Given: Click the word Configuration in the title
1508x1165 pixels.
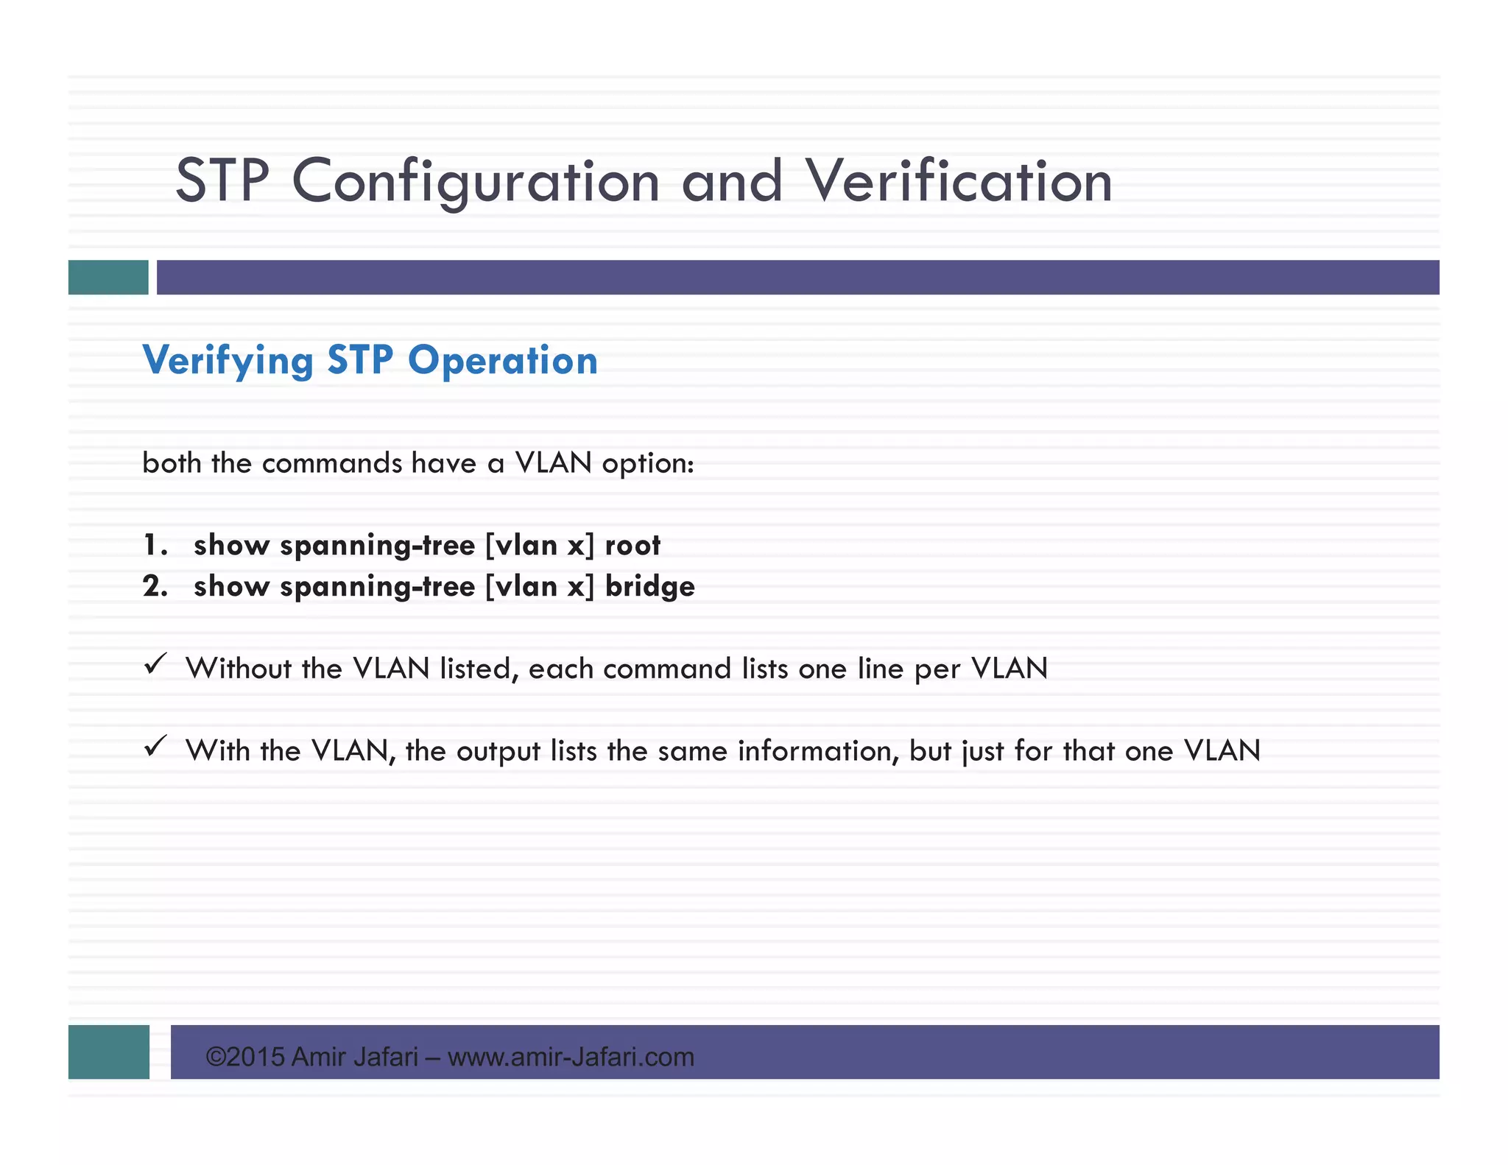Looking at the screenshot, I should click(476, 181).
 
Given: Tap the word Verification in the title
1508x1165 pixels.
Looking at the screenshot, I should click(958, 181).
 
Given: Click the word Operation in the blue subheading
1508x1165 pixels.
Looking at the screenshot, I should click(502, 360).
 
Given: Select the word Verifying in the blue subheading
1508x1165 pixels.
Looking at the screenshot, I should click(228, 362).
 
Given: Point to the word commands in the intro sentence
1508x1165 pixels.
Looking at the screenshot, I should click(332, 463).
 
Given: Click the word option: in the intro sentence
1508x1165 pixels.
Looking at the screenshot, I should click(648, 464).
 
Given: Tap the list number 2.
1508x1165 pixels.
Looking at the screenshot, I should click(155, 587).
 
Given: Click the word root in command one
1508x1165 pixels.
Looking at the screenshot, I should click(633, 546).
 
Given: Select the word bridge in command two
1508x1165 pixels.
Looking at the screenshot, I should click(649, 587).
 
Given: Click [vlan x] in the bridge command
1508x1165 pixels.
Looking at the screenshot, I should click(539, 587).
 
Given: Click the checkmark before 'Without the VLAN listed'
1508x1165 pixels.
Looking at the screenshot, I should click(155, 664).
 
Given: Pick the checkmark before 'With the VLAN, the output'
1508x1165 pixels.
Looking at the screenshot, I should click(155, 747).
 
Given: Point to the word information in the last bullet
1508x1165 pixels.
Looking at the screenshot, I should click(818, 751).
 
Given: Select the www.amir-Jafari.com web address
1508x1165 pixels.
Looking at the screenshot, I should click(571, 1057).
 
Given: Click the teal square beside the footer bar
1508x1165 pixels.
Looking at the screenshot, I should click(109, 1052).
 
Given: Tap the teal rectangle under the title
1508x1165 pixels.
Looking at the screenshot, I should click(108, 277).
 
